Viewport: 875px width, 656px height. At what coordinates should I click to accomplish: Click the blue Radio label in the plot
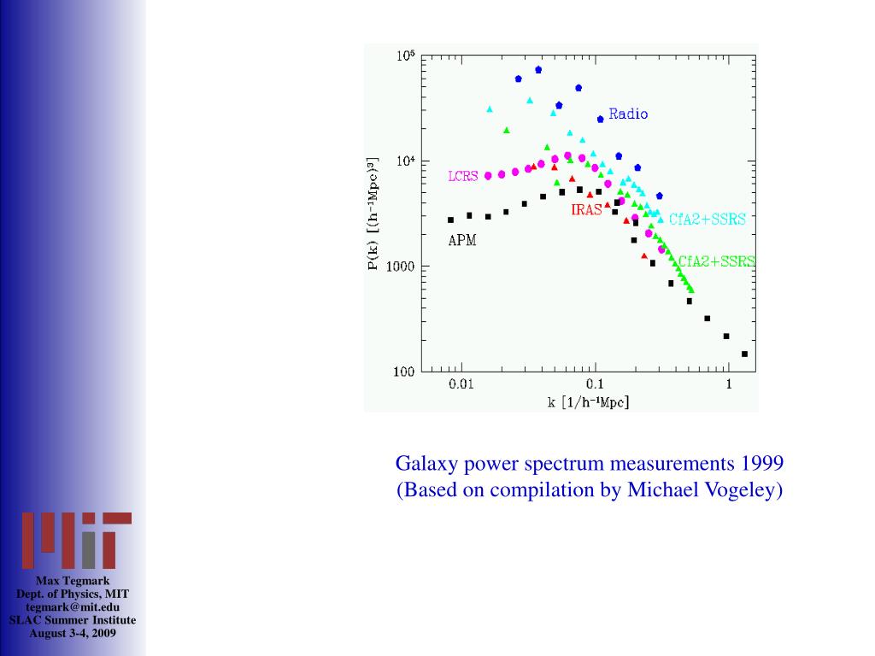tap(628, 114)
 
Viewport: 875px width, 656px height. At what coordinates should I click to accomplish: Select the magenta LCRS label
tap(463, 177)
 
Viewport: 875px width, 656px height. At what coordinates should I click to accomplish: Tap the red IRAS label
tap(587, 210)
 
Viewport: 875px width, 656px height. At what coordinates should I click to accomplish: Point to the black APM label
tap(462, 241)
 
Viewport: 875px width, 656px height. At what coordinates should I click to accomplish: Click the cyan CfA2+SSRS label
tap(707, 220)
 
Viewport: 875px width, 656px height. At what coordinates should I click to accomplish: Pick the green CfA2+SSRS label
tap(717, 261)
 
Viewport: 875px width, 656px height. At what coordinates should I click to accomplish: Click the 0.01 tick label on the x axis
tap(461, 384)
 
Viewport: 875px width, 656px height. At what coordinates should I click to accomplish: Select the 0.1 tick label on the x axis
tap(596, 384)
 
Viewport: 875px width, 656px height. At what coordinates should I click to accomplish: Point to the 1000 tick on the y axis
tap(398, 266)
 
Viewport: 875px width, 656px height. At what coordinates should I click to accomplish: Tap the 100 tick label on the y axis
tap(403, 372)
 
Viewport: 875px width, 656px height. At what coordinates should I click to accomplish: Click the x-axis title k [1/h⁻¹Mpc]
tap(589, 401)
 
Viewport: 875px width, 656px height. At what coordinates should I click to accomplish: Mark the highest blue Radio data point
tap(538, 69)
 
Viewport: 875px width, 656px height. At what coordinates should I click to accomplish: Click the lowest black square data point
tap(744, 354)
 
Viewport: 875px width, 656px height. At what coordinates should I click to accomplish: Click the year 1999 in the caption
tap(762, 464)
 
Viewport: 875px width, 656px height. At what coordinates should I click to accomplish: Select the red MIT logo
tap(76, 541)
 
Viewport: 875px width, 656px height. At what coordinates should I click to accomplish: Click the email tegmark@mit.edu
tap(73, 606)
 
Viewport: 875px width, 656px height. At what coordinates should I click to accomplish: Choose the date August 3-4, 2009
tap(73, 633)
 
